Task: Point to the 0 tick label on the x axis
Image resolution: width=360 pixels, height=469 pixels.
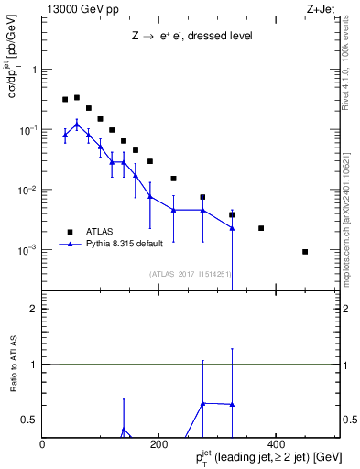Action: [x=43, y=444]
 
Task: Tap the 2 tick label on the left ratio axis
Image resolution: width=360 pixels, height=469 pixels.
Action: [x=34, y=309]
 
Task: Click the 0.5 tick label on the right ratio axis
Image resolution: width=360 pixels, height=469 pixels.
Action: [x=349, y=420]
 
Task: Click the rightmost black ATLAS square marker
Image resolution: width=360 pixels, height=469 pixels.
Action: [x=305, y=251]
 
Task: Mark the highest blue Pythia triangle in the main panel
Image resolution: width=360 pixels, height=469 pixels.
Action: [x=77, y=123]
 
